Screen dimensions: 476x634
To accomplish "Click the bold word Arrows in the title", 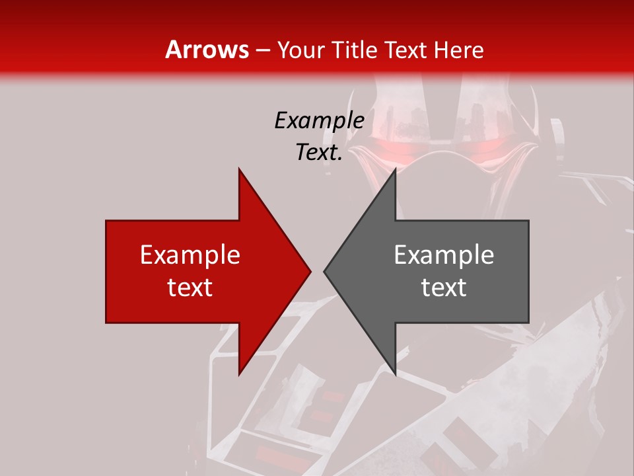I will tap(207, 50).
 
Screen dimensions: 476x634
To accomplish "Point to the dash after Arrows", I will tap(263, 50).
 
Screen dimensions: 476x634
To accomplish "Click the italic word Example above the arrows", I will tap(319, 121).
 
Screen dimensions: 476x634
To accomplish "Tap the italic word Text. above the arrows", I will tap(319, 153).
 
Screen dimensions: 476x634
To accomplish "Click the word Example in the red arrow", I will tap(190, 255).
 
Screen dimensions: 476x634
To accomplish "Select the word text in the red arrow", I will tap(190, 288).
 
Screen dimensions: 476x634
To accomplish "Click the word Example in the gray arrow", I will tap(444, 255).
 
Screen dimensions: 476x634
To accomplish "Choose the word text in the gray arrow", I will tap(444, 288).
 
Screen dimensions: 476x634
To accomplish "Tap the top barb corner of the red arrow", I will tap(240, 170).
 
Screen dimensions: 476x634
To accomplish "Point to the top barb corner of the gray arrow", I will tap(394, 170).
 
